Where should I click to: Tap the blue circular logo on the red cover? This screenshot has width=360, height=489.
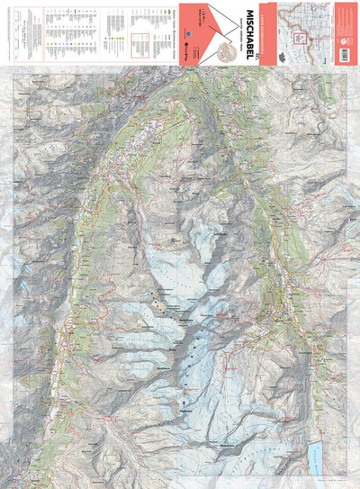(185, 48)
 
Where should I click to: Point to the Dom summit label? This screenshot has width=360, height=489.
(185, 320)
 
